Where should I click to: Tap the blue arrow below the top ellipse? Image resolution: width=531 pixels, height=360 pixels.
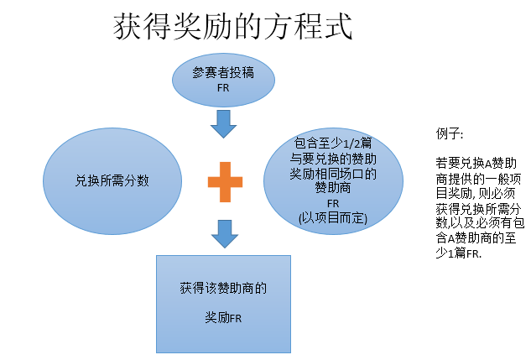(223, 123)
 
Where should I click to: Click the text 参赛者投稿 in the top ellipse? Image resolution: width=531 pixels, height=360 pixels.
(222, 73)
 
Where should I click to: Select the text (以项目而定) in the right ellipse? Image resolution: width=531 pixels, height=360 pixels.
(333, 217)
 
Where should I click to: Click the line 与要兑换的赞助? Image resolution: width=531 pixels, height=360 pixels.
(333, 159)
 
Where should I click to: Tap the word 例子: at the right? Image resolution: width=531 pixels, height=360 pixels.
(449, 134)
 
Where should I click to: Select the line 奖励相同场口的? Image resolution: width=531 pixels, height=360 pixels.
(333, 174)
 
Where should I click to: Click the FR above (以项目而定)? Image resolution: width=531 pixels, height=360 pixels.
(333, 203)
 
